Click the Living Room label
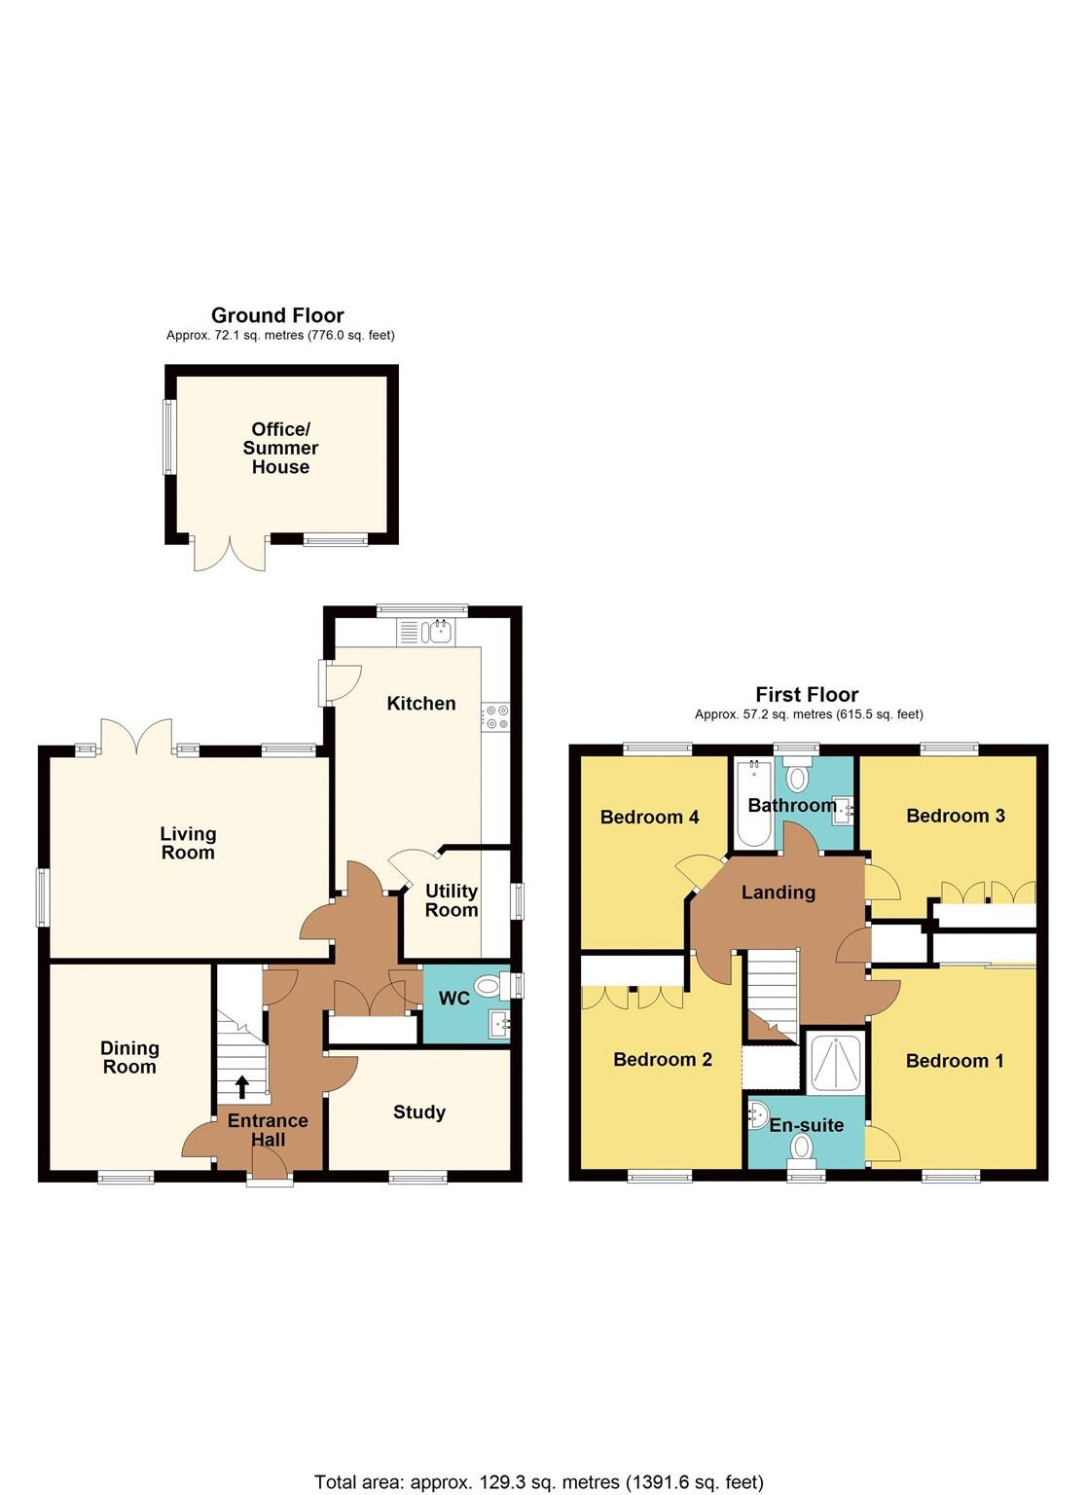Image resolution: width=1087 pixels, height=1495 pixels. [x=188, y=843]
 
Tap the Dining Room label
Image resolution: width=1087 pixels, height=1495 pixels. [x=129, y=1057]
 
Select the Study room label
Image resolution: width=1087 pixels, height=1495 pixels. [x=419, y=1112]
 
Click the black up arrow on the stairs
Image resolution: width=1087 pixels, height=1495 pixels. [x=241, y=1087]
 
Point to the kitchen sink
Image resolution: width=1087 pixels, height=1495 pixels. [x=440, y=632]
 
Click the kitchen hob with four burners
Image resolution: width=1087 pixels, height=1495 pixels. [x=495, y=717]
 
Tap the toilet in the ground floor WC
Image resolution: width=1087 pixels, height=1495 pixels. [x=489, y=987]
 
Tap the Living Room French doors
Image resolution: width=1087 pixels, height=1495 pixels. [x=137, y=736]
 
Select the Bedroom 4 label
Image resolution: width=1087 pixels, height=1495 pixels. [x=649, y=817]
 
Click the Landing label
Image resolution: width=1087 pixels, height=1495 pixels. [x=778, y=892]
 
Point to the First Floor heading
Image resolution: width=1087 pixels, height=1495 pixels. [x=807, y=694]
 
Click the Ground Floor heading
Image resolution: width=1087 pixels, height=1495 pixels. [x=277, y=315]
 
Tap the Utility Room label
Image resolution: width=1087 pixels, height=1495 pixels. [x=452, y=900]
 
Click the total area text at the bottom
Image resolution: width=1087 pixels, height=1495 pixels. [x=538, y=1482]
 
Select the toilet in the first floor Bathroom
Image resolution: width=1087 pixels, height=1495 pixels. [x=798, y=778]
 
